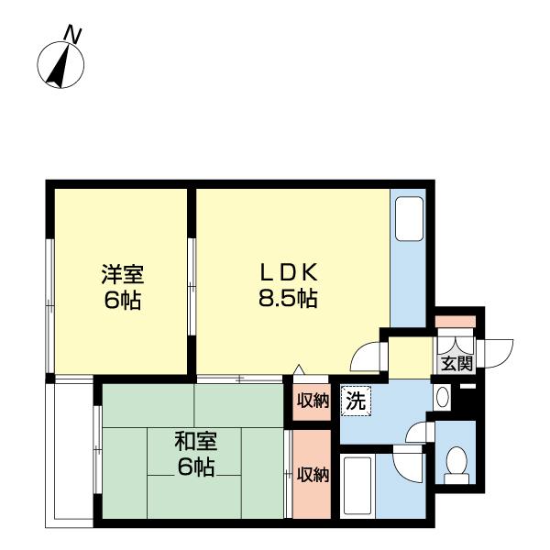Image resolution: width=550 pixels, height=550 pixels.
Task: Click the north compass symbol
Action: (x=60, y=65)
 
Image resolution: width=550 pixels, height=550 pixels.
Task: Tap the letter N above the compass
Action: (x=73, y=35)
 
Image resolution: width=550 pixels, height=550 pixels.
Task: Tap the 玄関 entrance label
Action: (x=456, y=362)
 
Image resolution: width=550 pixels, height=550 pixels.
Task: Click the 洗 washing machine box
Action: (x=355, y=400)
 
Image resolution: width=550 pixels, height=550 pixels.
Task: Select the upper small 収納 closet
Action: (x=313, y=401)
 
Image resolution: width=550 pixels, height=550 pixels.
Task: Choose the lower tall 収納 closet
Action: (x=313, y=474)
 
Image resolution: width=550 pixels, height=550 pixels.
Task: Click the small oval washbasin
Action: (x=441, y=398)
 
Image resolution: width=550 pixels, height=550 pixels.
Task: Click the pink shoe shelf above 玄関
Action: (x=455, y=322)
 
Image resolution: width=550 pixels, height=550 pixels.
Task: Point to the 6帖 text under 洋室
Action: (x=122, y=300)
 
